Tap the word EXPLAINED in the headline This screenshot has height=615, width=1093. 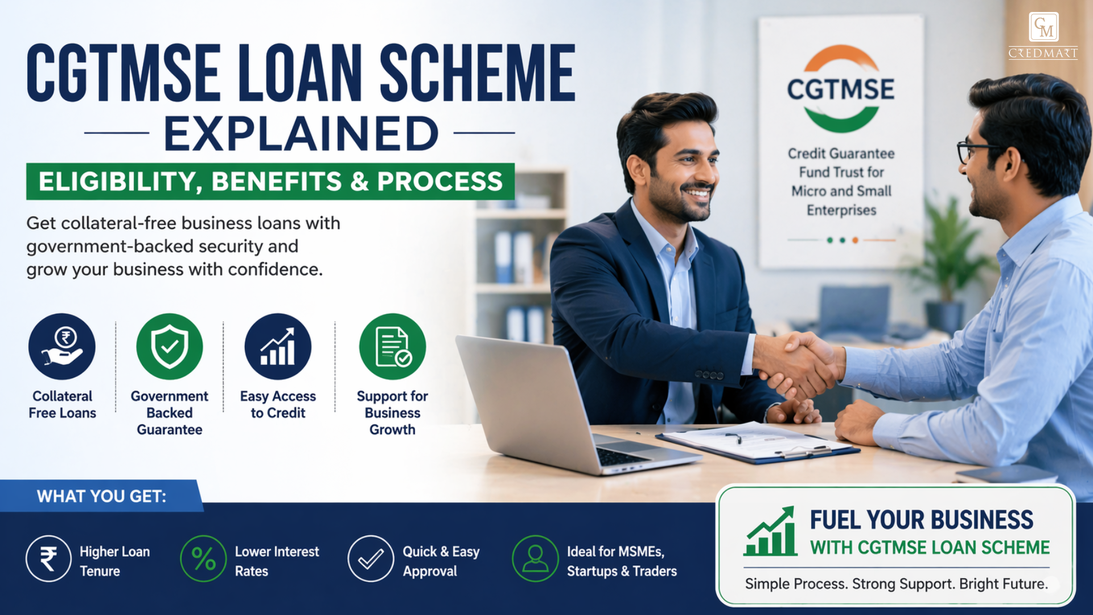pos(301,134)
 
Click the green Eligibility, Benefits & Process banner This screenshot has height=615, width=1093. pos(270,182)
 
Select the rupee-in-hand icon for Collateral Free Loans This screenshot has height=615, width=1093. pos(62,347)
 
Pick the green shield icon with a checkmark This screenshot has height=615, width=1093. pos(170,347)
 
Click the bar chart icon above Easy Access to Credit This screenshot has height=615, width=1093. pos(278,347)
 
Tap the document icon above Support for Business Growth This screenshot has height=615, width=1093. pos(392,347)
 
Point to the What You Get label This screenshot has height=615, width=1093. pos(101,497)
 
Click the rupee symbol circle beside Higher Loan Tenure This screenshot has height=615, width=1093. pos(48,559)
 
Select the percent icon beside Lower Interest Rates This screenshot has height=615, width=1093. pos(203,559)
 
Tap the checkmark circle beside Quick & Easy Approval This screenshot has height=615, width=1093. pos(371,559)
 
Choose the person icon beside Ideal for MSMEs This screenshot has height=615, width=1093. pos(535,559)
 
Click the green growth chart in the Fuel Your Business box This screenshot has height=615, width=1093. pos(770,532)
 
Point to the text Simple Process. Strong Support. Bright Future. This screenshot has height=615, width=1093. pos(896,584)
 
